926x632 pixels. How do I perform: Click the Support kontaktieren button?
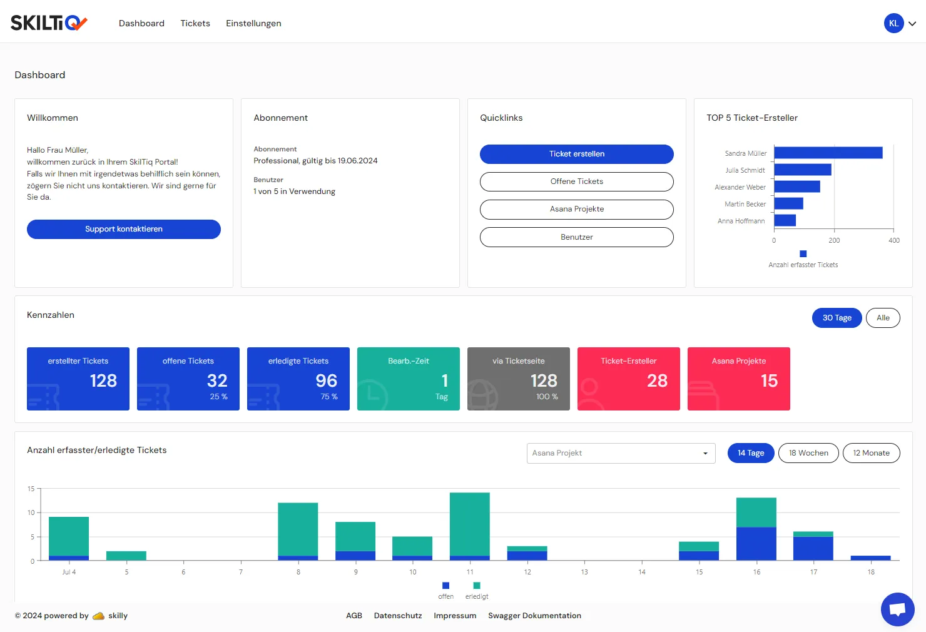124,229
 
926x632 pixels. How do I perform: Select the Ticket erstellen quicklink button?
577,154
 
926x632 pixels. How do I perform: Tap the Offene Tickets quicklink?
577,181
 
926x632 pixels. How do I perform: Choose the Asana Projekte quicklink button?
577,209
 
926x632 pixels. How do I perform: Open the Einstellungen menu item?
253,23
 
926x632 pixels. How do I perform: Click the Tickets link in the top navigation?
195,23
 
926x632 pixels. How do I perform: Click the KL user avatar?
893,23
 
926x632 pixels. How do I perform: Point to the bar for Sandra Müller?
828,153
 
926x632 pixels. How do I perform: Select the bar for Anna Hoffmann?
785,220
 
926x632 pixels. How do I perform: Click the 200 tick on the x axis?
834,240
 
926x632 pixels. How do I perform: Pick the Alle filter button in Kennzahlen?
883,318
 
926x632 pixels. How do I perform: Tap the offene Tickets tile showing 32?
188,379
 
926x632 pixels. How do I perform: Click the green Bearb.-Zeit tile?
409,379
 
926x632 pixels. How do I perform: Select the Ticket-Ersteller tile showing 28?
628,379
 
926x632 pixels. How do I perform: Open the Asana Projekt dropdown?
621,453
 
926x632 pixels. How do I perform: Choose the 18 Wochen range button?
808,453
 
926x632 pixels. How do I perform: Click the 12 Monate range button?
872,453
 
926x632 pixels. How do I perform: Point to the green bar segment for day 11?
470,524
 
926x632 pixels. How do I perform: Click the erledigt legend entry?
477,591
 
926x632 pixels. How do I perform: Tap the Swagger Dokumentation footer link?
534,616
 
